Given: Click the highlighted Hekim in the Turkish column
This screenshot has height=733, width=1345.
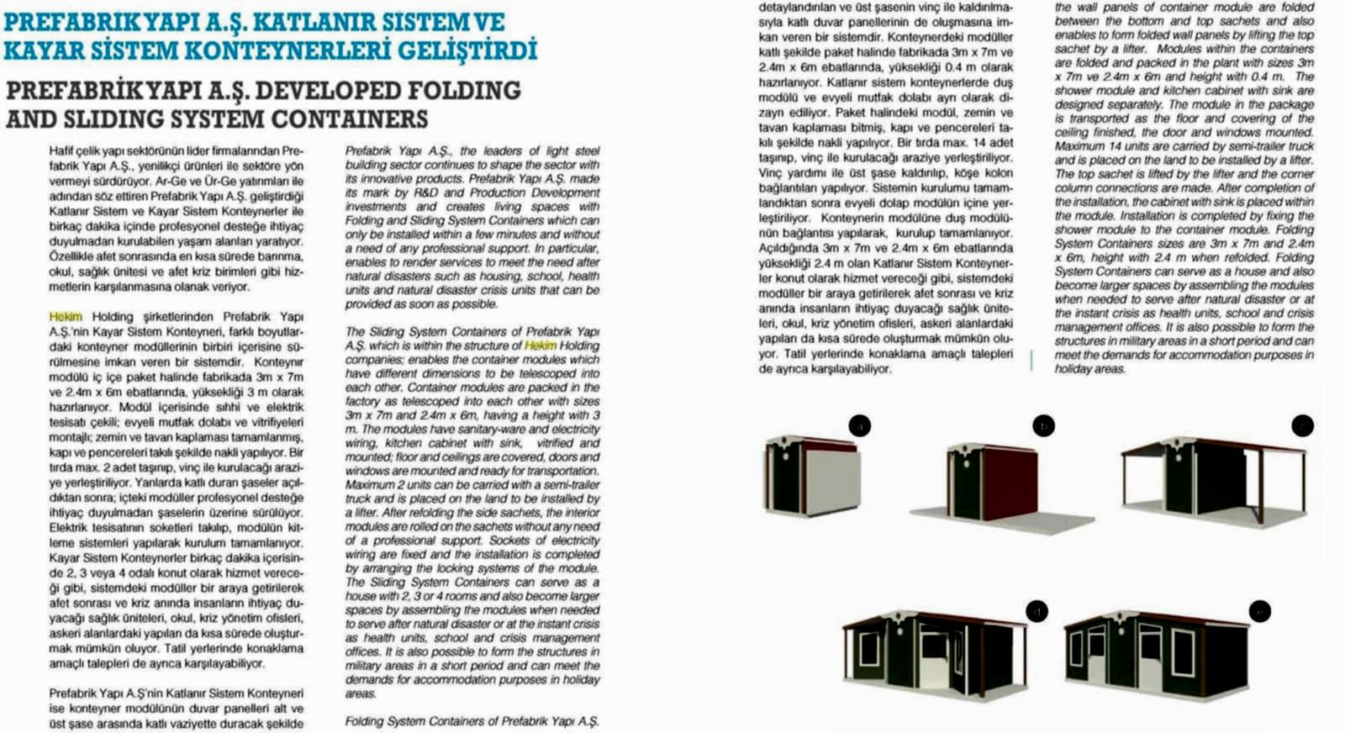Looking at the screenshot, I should [x=66, y=317].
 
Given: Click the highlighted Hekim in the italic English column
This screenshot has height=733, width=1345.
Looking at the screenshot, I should [x=540, y=345].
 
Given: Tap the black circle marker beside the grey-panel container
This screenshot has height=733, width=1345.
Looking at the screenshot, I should [x=859, y=426].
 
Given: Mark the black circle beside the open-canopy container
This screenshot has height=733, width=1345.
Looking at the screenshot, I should [x=1302, y=425].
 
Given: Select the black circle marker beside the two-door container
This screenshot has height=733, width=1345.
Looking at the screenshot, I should [x=1259, y=611].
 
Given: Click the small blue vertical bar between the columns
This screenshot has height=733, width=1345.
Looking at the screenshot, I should [x=1032, y=361].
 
